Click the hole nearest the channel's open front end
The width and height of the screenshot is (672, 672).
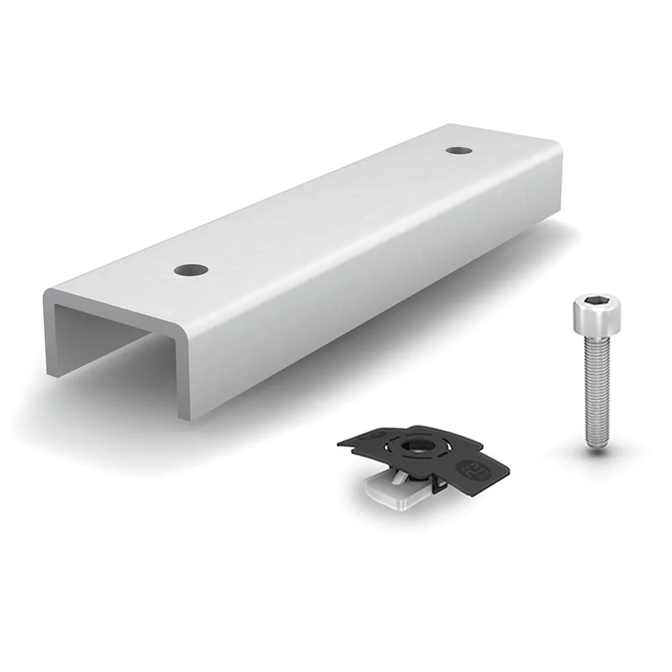point(189,270)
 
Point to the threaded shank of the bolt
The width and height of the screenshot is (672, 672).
point(595,390)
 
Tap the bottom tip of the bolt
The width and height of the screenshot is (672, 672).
point(595,445)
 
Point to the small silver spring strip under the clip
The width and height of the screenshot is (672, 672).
point(398,476)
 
